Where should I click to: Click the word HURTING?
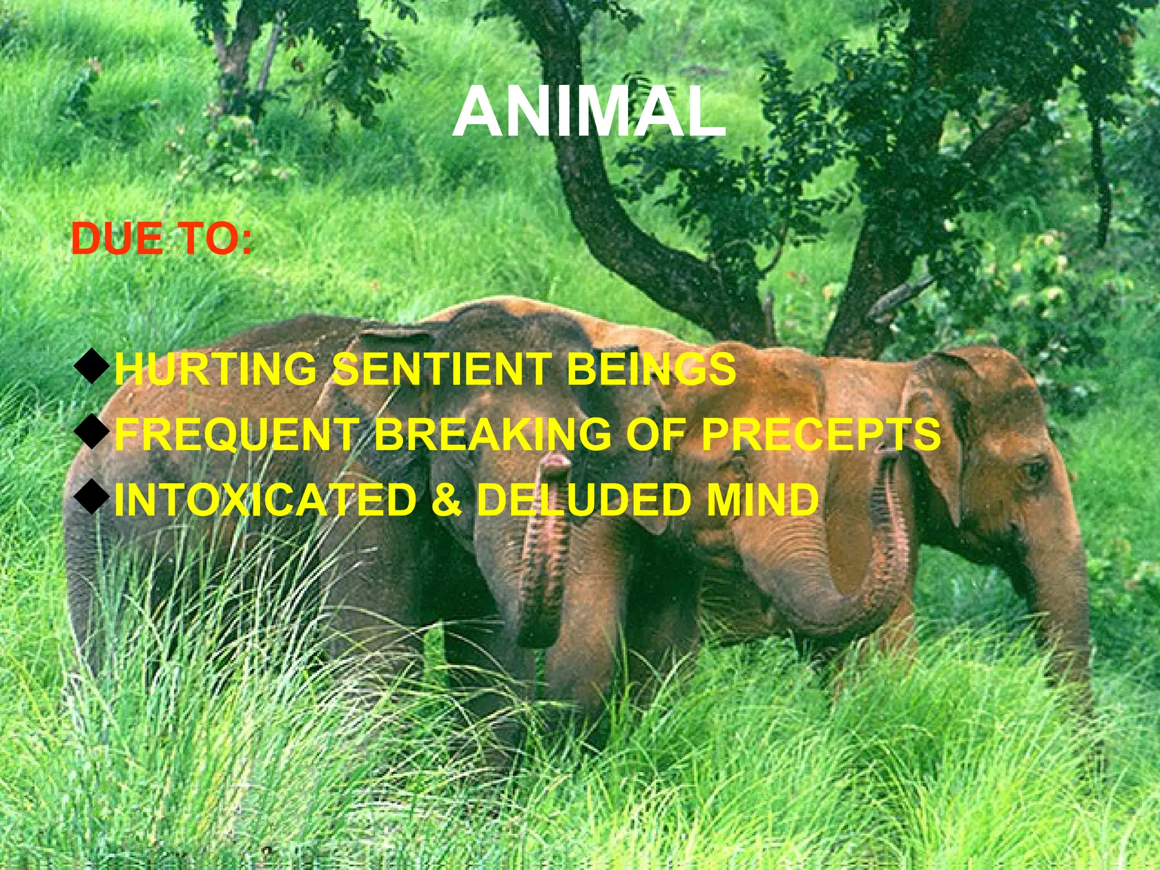[x=215, y=369]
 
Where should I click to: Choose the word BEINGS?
[x=651, y=369]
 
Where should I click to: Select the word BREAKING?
[x=493, y=434]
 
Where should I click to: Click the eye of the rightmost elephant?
[x=1034, y=470]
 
